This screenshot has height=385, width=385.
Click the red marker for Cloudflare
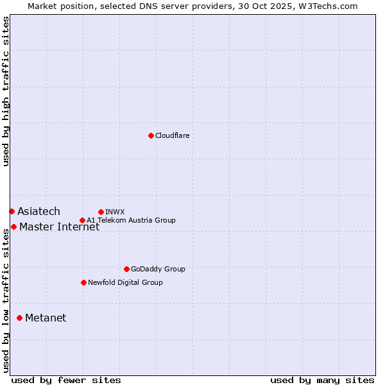click(x=151, y=135)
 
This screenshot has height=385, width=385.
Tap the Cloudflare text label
click(x=172, y=135)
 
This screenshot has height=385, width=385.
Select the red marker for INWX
click(x=101, y=212)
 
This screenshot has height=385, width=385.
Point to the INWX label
click(x=115, y=212)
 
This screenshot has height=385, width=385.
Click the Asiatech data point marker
click(x=12, y=211)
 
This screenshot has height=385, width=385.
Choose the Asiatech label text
click(x=38, y=211)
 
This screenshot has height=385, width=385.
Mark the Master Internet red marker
click(x=13, y=227)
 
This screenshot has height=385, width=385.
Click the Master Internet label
click(x=59, y=227)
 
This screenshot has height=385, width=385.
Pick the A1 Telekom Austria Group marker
click(x=82, y=220)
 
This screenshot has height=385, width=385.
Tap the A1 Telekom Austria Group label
click(x=131, y=220)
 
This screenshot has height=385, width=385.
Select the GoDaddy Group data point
click(x=126, y=269)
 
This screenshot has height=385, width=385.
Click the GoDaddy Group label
click(x=158, y=269)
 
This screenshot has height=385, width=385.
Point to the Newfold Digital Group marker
click(x=83, y=282)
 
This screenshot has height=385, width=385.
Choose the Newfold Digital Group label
click(x=125, y=282)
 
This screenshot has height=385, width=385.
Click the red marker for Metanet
click(x=19, y=318)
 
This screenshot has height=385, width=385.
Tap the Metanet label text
click(x=46, y=318)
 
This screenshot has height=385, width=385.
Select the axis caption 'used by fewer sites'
click(x=66, y=380)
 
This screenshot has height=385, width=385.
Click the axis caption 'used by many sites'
click(x=322, y=380)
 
